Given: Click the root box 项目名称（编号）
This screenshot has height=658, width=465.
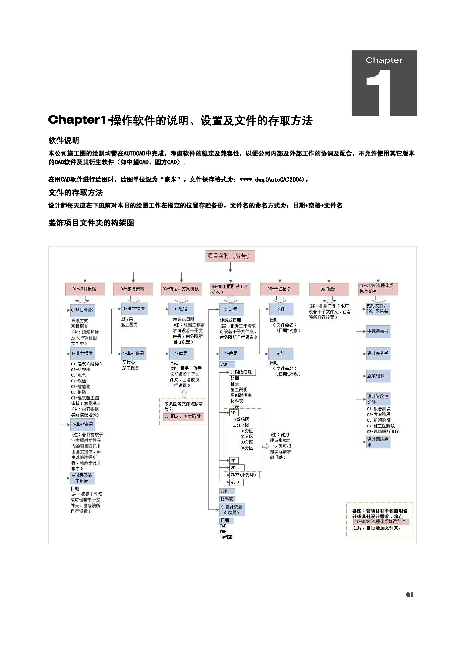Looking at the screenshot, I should (x=230, y=256).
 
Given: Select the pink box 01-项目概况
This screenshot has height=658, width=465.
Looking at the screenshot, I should (x=85, y=289).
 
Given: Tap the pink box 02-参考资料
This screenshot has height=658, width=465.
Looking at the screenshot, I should (x=133, y=289).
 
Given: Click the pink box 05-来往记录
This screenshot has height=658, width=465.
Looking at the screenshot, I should (x=279, y=289).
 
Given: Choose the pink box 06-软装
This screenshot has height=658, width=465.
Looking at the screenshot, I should (x=328, y=289).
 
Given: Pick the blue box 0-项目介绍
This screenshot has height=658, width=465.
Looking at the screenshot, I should (x=83, y=310).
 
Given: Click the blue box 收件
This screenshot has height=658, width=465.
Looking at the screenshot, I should (x=281, y=309).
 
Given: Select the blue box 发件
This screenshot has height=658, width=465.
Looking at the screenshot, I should (x=280, y=353).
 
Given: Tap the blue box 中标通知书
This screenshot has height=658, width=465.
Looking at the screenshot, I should (x=378, y=331).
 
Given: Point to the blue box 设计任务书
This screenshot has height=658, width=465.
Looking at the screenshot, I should (x=378, y=353).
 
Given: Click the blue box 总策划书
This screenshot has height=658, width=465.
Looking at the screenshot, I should (x=378, y=376).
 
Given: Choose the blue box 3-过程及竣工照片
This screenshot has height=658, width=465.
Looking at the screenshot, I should (x=82, y=478).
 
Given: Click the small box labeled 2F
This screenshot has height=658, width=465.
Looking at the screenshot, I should (x=233, y=460).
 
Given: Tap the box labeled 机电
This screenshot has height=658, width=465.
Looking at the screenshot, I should (x=236, y=482).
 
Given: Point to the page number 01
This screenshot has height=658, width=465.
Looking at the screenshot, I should (x=410, y=595).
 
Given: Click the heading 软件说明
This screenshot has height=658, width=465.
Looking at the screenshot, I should (x=64, y=141).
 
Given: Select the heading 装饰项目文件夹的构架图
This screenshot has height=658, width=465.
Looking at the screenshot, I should (x=91, y=223).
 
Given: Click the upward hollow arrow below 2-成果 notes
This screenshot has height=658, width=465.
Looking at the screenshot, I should (x=184, y=393).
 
